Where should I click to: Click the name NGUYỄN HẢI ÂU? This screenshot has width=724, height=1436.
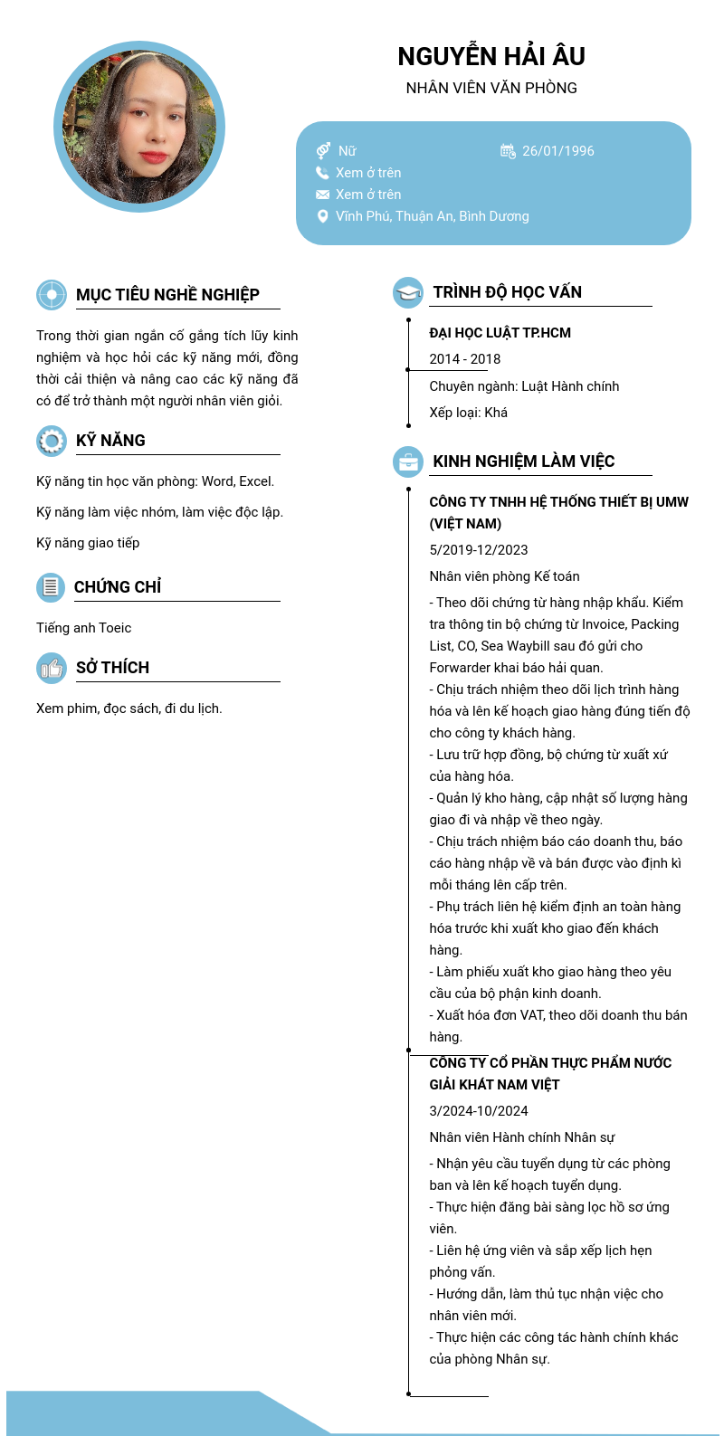coord(491,56)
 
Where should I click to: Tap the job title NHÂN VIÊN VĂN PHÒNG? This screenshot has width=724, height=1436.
coord(491,88)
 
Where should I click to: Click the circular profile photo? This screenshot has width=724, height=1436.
coord(139,127)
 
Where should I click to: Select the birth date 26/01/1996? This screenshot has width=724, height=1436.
coord(557,151)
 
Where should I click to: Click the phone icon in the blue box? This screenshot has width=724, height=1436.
coord(322,173)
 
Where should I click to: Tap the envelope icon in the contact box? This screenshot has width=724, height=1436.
coord(322,195)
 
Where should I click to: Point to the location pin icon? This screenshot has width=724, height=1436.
coord(322,216)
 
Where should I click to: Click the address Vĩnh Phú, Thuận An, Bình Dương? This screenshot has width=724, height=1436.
coord(432,216)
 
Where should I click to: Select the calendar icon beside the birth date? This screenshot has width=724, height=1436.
coord(508,151)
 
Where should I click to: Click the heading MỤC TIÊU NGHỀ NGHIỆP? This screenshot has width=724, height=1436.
coord(167,295)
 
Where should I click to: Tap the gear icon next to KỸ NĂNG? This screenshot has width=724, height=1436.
coord(52,441)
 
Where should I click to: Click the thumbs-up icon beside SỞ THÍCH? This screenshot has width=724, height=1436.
coord(52,668)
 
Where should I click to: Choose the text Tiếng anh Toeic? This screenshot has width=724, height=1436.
coord(83,628)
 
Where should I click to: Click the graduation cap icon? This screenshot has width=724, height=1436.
coord(408,292)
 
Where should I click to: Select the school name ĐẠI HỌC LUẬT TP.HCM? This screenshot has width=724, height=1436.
coord(500,333)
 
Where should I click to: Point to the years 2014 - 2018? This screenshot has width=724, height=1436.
coord(464,359)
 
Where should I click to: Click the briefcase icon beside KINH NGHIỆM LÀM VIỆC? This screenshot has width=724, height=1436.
coord(408,461)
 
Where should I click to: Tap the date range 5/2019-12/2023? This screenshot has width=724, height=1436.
coord(478,550)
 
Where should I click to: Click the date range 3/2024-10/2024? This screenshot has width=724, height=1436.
coord(478,1111)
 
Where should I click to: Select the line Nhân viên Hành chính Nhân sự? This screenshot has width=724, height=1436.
coord(521,1137)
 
